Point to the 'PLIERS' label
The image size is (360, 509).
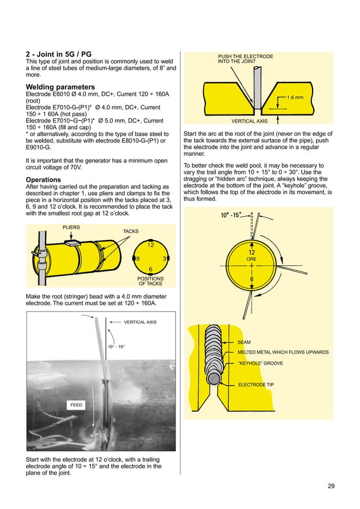pos(71,227)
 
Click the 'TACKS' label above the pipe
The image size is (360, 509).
pos(130,231)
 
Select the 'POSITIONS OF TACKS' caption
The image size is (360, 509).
pos(151,281)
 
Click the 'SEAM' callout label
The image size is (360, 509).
pos(244,342)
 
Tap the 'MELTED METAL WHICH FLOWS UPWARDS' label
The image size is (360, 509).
pos(283,352)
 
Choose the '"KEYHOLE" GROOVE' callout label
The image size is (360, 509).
pos(260,363)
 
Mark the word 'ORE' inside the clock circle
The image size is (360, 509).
pos(252,260)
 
